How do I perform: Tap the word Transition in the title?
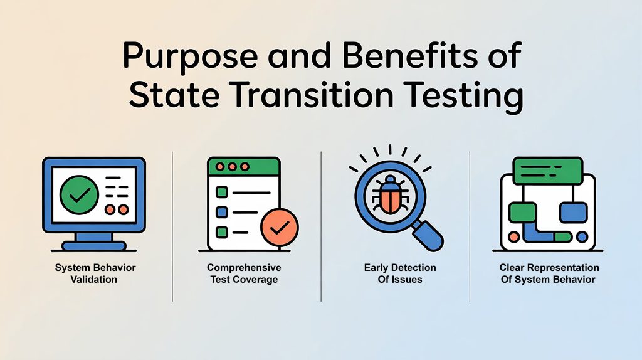click(317, 97)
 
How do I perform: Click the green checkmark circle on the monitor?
click(79, 194)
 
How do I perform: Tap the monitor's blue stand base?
click(93, 246)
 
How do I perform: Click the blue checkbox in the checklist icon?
click(221, 212)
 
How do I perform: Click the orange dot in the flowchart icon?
click(515, 237)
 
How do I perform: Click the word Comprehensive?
click(244, 268)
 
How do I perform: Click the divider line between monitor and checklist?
click(172, 226)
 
